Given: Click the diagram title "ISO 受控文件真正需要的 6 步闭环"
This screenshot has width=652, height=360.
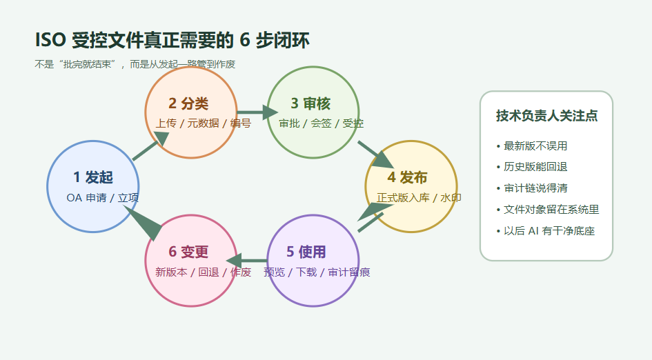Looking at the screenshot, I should (172, 41).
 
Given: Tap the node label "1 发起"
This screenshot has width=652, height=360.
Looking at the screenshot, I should (93, 177).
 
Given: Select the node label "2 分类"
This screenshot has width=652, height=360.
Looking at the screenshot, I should (188, 103).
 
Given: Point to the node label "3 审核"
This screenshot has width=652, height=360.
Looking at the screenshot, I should (310, 103).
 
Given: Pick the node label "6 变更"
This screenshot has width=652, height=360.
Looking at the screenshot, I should (188, 252).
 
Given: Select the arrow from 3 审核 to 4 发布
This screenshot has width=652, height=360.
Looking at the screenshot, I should (375, 154).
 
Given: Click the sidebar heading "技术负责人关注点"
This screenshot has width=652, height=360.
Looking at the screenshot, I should (546, 116).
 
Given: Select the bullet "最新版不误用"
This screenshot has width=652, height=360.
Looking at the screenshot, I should (535, 146).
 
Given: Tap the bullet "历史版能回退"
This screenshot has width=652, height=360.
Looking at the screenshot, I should (535, 166).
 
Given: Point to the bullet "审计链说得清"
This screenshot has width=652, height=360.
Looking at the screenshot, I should (535, 188).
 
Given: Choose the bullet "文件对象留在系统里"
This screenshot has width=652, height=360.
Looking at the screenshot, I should (551, 209).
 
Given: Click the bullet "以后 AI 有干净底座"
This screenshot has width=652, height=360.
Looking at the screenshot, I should (549, 230).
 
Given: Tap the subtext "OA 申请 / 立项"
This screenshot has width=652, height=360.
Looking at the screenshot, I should (103, 197).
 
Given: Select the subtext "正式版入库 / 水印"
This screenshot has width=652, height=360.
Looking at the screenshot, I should (419, 197).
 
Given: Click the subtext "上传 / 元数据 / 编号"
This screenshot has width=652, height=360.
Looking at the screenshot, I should (203, 123).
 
